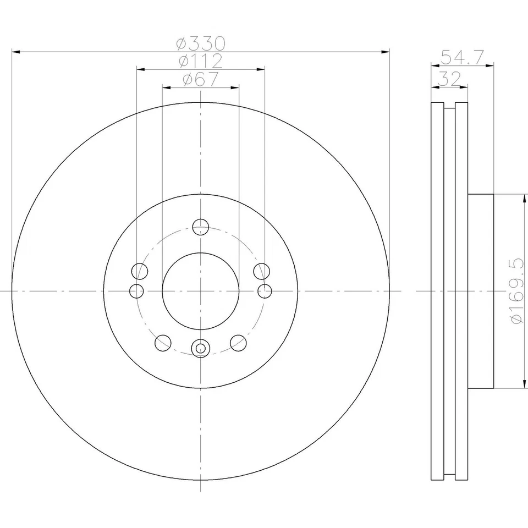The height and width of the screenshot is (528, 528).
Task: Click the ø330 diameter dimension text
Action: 201,43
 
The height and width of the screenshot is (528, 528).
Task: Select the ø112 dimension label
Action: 201,61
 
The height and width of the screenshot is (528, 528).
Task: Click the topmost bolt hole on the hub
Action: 201,226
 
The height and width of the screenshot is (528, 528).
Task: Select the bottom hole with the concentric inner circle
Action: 201,348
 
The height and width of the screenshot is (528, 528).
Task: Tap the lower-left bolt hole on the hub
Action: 163,343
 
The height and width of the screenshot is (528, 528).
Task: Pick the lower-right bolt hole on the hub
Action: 238,343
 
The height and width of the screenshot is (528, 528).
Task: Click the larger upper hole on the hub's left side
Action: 141,271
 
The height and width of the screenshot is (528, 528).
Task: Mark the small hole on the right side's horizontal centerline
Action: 265,290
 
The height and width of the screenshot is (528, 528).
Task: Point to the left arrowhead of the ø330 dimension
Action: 15,52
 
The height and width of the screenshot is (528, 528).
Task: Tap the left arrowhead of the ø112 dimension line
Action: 140,69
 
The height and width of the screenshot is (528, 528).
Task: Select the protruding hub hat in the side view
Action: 481,290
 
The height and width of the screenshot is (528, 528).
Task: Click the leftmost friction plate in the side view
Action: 437,290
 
